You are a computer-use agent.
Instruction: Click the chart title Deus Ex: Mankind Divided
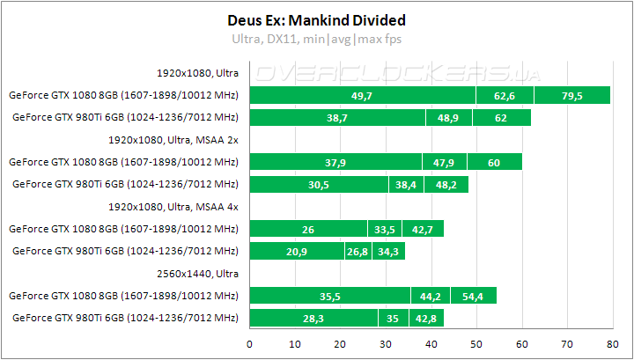[x=316, y=18]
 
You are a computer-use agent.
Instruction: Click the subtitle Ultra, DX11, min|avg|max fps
[x=316, y=39]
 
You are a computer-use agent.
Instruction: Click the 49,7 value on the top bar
[x=362, y=95]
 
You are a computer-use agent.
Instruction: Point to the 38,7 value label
[x=337, y=117]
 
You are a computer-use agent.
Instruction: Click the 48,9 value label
[x=449, y=117]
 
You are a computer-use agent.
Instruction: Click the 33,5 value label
[x=384, y=229]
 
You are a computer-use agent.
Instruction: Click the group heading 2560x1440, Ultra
[x=198, y=274]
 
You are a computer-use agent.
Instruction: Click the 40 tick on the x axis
[x=431, y=344]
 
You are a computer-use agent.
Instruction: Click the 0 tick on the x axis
[x=250, y=344]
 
